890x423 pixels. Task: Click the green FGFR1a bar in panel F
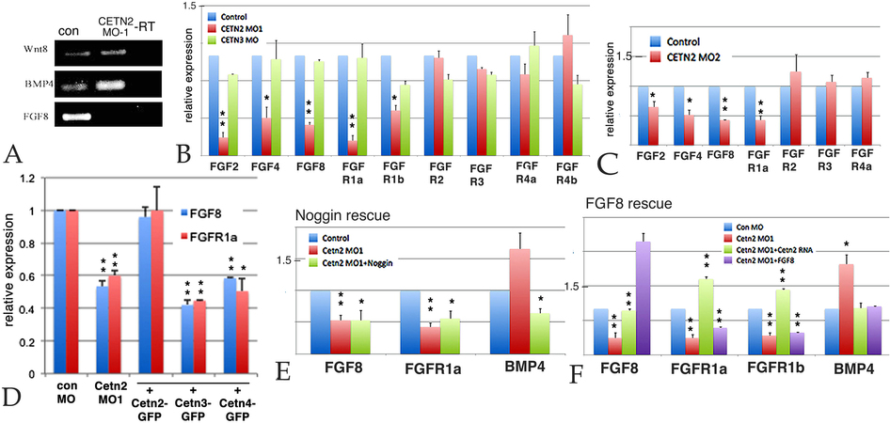tap(705, 315)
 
